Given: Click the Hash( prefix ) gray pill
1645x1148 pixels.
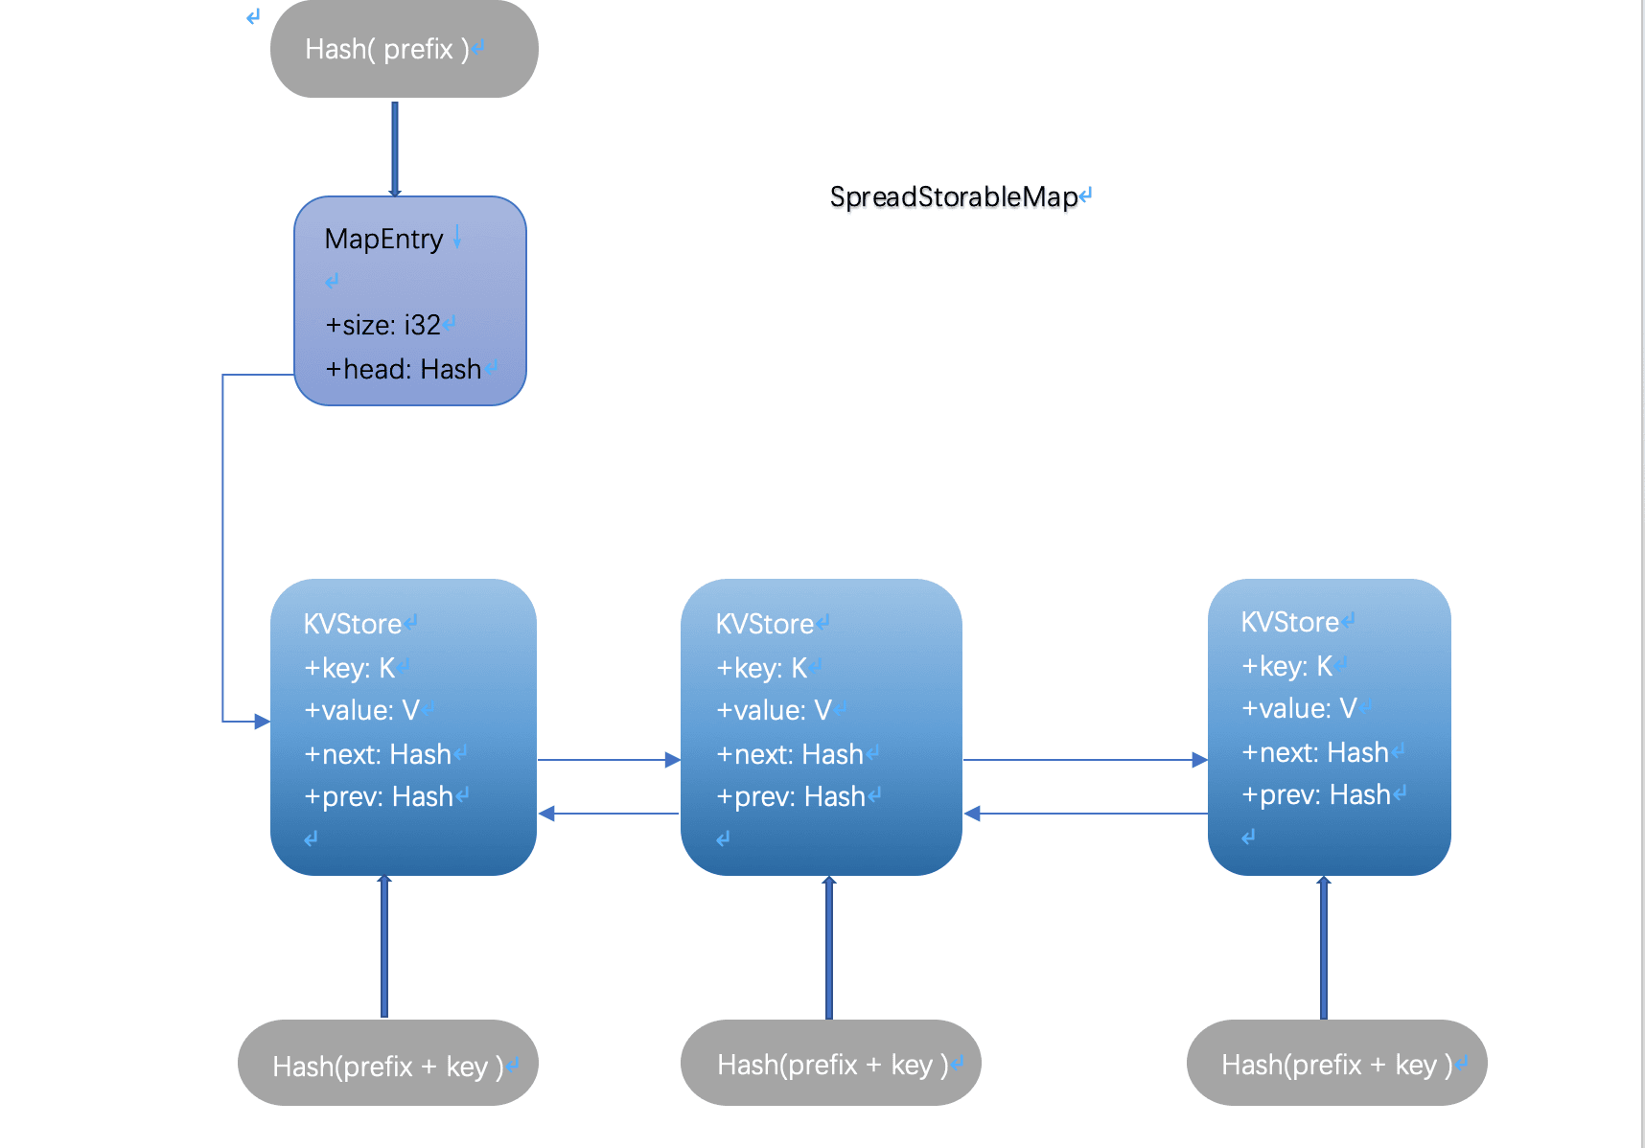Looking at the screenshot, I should click(404, 49).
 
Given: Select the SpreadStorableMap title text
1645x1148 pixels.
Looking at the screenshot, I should click(954, 196).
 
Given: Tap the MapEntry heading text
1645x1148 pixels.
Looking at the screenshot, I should click(383, 239).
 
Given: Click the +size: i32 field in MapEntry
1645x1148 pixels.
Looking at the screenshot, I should click(382, 325).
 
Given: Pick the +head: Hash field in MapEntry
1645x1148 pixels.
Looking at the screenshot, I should click(403, 369).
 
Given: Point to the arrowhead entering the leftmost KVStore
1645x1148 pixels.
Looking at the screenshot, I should click(262, 721).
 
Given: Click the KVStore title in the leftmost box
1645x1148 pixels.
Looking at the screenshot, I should click(352, 624).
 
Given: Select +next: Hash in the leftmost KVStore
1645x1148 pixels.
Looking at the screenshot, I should click(377, 754).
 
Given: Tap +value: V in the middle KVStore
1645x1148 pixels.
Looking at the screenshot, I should click(773, 710).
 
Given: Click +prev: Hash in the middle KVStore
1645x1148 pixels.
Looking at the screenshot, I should click(790, 796).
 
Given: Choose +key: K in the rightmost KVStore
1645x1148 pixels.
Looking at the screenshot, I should click(1286, 666).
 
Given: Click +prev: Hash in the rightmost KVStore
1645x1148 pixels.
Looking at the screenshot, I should click(1315, 794).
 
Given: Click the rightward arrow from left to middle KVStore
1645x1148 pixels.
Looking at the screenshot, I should click(608, 760).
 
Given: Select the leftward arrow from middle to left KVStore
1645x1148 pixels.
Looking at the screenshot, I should click(608, 814).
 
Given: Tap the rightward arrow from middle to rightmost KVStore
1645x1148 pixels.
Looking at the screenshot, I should click(1083, 760).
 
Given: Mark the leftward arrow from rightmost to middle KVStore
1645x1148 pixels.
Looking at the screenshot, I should click(1083, 814).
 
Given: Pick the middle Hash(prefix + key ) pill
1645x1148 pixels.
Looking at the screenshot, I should click(830, 1063).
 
